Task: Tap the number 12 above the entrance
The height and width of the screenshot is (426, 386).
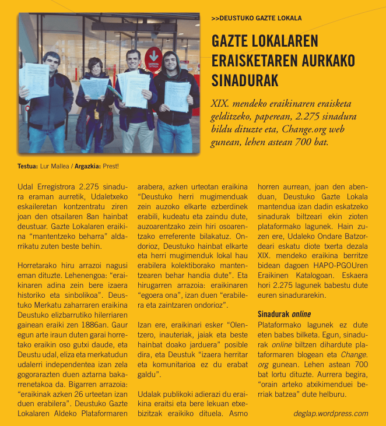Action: pos(154,27)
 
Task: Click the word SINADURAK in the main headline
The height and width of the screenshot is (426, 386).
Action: pos(245,80)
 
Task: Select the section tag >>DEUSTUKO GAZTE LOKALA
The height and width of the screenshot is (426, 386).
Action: pos(256,18)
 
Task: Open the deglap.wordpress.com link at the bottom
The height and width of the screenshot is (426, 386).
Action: pos(330,414)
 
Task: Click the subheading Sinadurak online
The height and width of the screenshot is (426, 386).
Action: pos(284,314)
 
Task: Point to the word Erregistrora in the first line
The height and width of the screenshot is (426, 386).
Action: pos(54,186)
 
